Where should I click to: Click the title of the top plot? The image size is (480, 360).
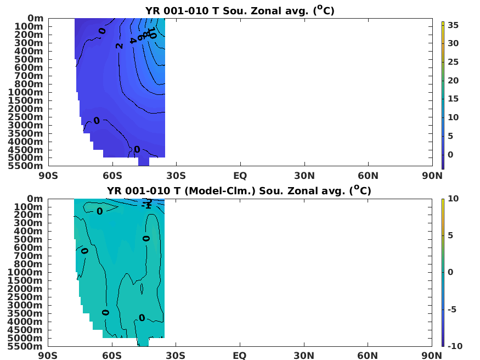point(240,10)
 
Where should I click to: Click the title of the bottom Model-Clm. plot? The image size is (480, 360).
point(240,190)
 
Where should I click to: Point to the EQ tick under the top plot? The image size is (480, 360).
point(240,176)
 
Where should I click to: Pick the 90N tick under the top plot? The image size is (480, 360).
point(432,176)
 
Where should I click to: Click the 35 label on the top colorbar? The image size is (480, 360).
point(453,25)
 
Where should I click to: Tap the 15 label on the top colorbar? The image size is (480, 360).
point(453,99)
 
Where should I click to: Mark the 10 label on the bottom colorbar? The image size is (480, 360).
point(453,198)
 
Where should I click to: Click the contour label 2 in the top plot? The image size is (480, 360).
point(119,46)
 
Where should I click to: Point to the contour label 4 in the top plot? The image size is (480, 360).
point(132,40)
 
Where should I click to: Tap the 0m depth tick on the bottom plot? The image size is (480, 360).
point(35,198)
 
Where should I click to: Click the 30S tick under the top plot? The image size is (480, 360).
point(176,176)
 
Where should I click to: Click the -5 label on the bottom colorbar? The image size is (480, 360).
point(454,309)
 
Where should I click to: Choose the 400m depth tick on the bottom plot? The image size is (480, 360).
point(26,231)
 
